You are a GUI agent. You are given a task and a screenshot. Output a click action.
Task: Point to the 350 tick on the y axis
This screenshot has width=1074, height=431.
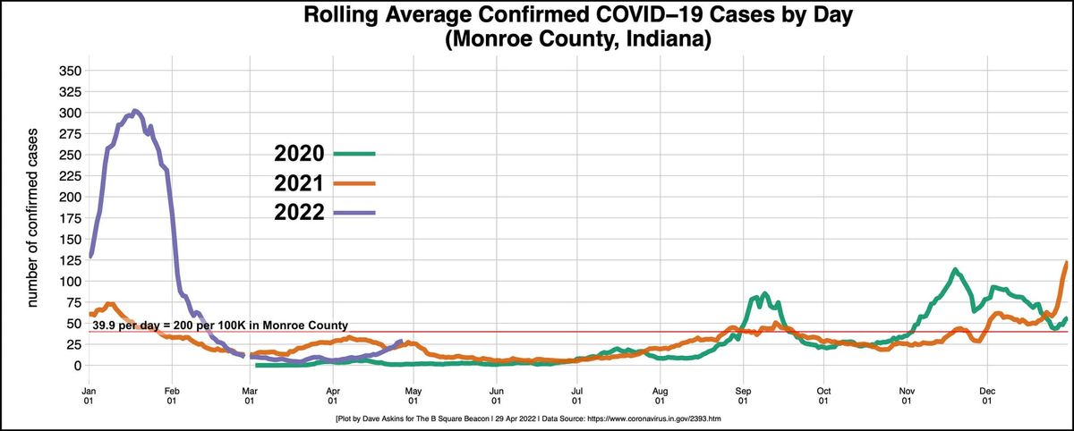pos(69,71)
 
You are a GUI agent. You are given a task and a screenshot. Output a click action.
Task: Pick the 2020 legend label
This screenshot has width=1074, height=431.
pos(299,154)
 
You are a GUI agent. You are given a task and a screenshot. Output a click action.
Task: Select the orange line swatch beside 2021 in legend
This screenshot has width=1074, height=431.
pos(354,183)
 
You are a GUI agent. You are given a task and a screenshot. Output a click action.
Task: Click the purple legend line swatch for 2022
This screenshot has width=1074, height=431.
pos(354,213)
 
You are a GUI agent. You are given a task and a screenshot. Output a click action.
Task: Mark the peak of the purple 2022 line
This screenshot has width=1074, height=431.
pos(134,111)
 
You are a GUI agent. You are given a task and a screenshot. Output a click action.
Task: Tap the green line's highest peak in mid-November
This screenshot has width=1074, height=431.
pos(955,269)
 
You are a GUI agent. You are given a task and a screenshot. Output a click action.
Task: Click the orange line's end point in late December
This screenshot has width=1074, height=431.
pos(1067,262)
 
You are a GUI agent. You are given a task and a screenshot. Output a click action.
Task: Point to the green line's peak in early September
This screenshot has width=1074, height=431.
pos(763,293)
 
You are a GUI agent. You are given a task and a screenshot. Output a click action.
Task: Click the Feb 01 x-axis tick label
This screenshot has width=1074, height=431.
pos(173,395)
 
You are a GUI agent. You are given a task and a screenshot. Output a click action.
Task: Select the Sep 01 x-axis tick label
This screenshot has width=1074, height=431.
pos(742,395)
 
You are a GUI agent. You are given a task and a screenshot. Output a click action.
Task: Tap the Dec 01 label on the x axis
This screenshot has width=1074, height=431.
pos(987,395)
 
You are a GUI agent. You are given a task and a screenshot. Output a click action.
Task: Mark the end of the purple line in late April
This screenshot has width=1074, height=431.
pos(400,341)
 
